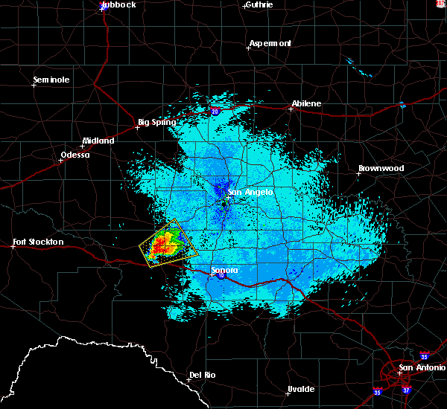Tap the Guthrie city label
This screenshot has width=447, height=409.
[259, 4]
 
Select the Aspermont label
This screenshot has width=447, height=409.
[270, 43]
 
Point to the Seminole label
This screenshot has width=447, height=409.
[51, 80]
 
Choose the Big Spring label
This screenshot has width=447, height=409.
[157, 122]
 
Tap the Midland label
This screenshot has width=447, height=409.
[99, 141]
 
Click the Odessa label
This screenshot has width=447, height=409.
[74, 155]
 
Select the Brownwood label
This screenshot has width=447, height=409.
[381, 168]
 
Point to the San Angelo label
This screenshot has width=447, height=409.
[250, 192]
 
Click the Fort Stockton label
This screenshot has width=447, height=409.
[39, 242]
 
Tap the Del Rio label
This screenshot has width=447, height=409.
[202, 375]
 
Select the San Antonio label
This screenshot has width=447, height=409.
[421, 367]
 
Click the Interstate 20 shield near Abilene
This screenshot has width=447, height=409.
[215, 111]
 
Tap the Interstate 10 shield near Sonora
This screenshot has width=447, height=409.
[221, 276]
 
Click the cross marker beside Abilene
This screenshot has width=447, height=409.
[291, 109]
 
